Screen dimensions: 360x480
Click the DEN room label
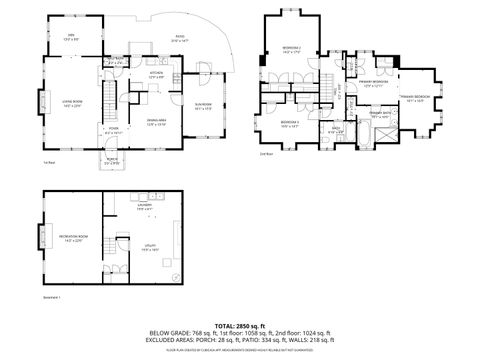click(71, 37)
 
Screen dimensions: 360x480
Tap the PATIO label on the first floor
click(180, 38)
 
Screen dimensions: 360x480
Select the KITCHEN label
click(156, 74)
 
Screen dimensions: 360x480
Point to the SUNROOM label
click(203, 104)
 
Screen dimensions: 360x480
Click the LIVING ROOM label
click(72, 103)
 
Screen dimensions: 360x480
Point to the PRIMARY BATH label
click(380, 115)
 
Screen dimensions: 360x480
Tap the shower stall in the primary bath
click(388, 131)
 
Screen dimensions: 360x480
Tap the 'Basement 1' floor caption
click(52, 297)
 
